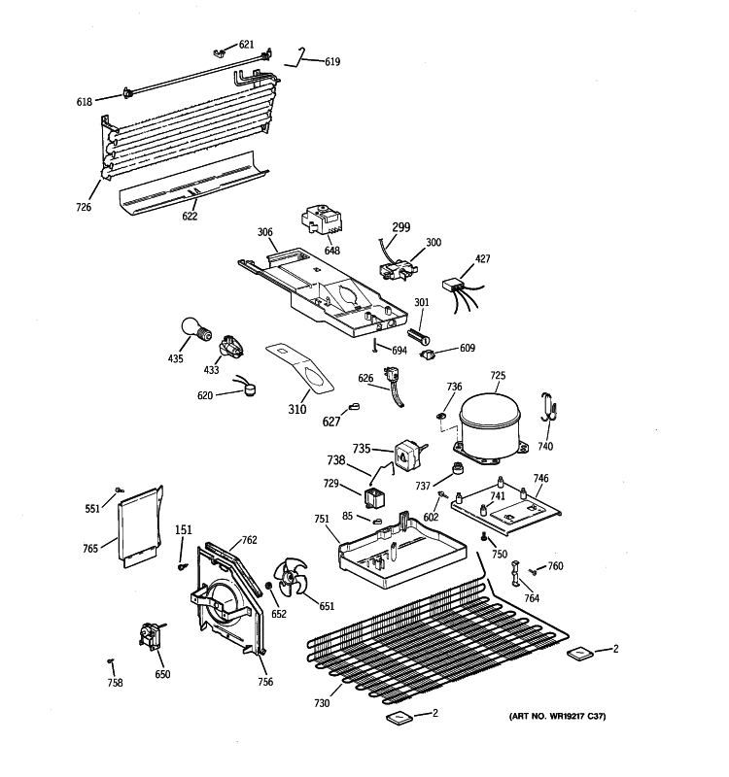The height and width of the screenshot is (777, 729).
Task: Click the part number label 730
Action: (x=322, y=703)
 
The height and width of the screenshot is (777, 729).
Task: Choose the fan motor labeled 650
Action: (x=152, y=637)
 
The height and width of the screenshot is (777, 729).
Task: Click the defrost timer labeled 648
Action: (x=323, y=220)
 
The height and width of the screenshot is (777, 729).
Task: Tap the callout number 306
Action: (x=264, y=232)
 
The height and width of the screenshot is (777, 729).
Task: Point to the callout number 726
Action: (x=84, y=207)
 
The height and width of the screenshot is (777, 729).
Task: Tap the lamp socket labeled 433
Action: (x=233, y=346)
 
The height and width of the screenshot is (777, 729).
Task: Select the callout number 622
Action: (x=190, y=216)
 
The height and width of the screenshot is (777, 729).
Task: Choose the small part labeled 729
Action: (x=373, y=499)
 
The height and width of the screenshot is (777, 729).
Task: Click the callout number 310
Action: (x=297, y=409)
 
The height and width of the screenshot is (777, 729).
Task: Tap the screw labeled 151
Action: (x=182, y=564)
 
